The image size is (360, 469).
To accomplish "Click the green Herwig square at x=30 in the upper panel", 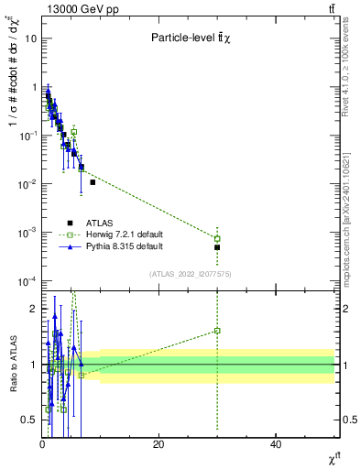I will pos(217,238).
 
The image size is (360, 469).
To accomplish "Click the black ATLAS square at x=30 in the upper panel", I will pos(217,247).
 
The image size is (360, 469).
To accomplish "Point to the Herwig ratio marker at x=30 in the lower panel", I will pos(217,331).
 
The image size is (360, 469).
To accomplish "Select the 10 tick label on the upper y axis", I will pos(29,38).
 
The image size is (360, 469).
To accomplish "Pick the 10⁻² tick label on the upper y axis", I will pos(27,184).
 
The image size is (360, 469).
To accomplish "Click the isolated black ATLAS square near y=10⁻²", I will pos(93,182).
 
